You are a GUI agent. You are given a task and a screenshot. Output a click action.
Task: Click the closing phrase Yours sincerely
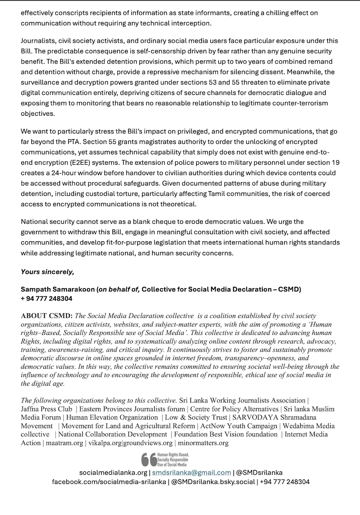tap(47, 271)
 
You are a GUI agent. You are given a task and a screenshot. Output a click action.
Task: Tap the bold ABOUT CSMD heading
tap(46, 316)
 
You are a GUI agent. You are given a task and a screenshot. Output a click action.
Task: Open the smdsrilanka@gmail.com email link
tap(192, 472)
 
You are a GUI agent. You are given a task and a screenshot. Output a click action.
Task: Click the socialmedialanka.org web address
tap(113, 472)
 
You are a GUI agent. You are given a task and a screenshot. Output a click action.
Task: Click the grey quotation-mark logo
tap(148, 459)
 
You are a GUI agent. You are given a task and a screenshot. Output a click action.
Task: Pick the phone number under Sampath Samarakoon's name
tap(46, 298)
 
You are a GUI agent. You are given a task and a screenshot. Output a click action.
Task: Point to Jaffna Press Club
tap(46, 409)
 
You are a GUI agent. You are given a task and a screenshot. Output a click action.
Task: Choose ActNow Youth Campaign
tap(238, 426)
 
